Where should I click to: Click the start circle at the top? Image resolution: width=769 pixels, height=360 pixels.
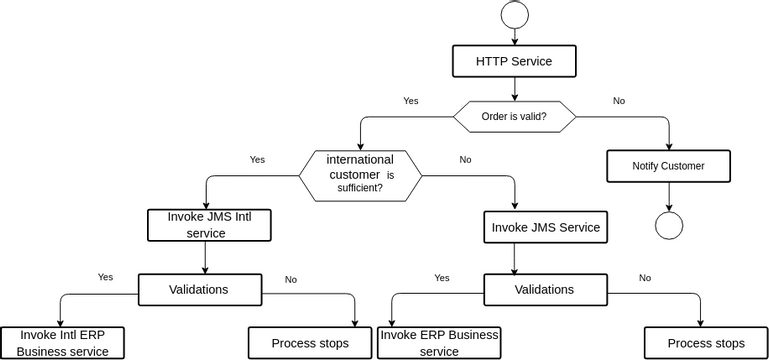coord(514,14)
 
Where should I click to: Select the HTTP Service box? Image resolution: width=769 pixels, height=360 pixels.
coord(514,61)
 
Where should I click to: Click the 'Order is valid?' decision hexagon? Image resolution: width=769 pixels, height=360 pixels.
coord(514,116)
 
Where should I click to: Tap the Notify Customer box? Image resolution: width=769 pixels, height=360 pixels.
coord(668,166)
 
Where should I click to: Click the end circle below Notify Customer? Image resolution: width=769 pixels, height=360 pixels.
coord(668,225)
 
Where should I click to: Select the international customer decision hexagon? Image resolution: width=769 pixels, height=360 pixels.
coord(360,173)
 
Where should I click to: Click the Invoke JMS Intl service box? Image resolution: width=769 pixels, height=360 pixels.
coord(209,225)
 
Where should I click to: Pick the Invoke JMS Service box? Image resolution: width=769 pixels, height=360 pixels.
coord(545,227)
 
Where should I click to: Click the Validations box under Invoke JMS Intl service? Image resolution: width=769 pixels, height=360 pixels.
coord(199,290)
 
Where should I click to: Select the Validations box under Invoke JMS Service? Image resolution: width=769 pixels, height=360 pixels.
coord(544,290)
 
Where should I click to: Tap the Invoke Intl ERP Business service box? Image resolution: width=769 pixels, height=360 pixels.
coord(62,343)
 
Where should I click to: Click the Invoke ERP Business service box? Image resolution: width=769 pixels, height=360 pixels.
coord(439,343)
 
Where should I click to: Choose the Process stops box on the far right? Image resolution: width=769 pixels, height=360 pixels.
coord(705,343)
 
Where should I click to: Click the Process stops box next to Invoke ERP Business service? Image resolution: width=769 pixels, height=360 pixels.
coord(310,343)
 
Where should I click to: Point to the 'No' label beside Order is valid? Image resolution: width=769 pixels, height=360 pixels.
coord(619,101)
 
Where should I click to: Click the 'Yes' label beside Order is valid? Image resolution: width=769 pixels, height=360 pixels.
coord(410,101)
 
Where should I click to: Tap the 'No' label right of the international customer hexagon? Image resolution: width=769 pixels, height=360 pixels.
coord(465,159)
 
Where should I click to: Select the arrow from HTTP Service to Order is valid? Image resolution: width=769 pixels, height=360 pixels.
coord(514,89)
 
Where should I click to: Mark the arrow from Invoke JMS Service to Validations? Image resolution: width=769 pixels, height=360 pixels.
coord(515,258)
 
